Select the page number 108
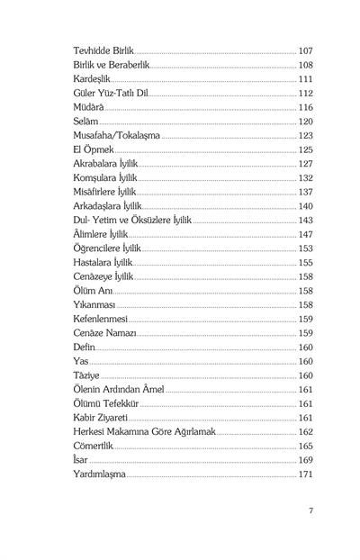click(x=305, y=66)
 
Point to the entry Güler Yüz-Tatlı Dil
click(x=109, y=94)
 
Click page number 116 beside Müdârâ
click(x=305, y=107)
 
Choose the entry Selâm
click(x=85, y=122)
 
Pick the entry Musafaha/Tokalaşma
click(x=116, y=135)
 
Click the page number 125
click(x=305, y=149)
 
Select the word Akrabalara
click(x=96, y=164)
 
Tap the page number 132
click(x=305, y=177)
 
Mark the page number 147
click(x=305, y=234)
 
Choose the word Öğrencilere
click(x=98, y=248)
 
